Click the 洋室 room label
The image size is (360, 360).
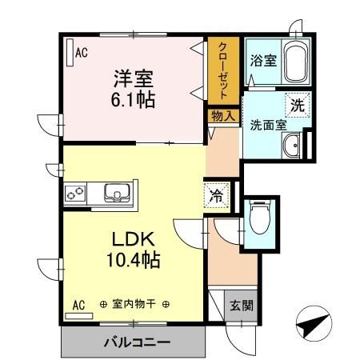[x=133, y=80]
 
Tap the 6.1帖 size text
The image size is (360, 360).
[x=133, y=101]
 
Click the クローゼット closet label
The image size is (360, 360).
[x=223, y=70]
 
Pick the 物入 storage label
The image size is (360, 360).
[x=223, y=116]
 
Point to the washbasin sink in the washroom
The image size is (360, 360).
[x=291, y=145]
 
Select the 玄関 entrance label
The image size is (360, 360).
[x=240, y=305]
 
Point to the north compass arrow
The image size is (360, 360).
[x=315, y=323]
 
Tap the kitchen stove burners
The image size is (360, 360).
[x=77, y=194]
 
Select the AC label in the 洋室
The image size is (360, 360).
[x=81, y=54]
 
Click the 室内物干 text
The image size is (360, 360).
[x=134, y=304]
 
